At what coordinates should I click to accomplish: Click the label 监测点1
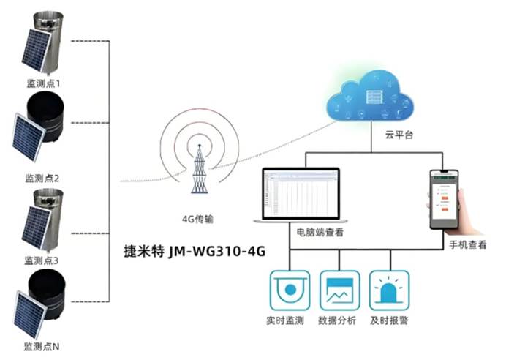(x=43, y=85)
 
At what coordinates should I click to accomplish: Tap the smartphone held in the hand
(x=445, y=198)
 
